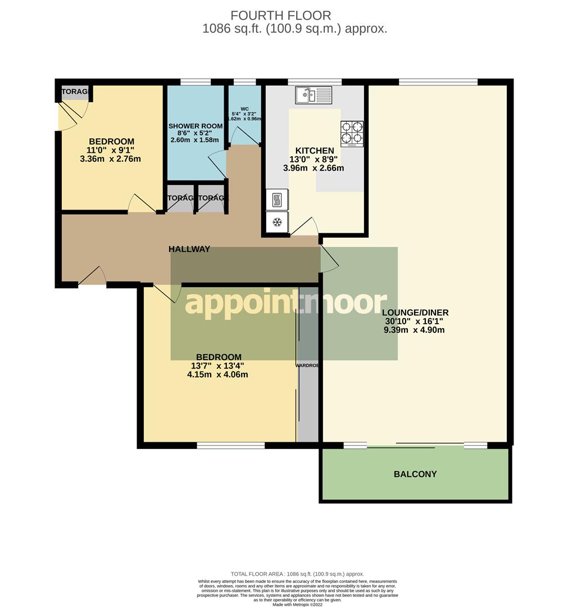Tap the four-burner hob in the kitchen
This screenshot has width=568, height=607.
point(352,133)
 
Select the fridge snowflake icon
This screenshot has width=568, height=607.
point(276,223)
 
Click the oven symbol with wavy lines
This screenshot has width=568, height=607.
point(276,200)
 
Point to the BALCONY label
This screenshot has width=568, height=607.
point(415,474)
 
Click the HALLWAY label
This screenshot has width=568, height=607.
point(189,249)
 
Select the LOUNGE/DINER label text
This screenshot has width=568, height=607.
point(415,312)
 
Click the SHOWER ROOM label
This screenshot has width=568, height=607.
point(194,125)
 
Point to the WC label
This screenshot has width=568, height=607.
point(244,109)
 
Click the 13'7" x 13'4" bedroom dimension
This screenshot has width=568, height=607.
point(219,366)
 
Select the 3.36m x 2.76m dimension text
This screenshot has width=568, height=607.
point(110,159)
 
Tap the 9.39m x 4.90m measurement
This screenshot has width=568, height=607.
point(414,330)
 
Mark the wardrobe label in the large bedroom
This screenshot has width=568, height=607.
point(307,365)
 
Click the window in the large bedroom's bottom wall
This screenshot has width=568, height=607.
point(230,445)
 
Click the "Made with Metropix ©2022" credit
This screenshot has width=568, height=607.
point(298,604)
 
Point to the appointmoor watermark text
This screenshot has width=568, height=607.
point(285,302)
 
